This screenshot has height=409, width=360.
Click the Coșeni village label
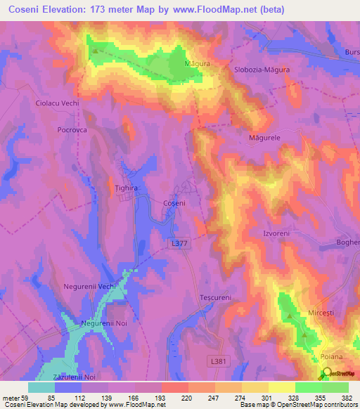click(x=174, y=202)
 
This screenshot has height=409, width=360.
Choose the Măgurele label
click(x=264, y=138)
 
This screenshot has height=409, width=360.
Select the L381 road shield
click(x=219, y=361)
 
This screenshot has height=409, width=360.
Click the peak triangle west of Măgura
click(x=94, y=50)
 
